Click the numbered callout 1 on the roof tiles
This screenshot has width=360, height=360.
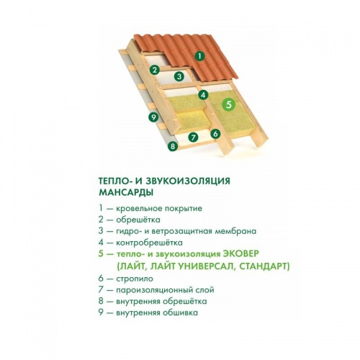click(x=199, y=56)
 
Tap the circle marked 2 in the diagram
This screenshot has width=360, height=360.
click(x=155, y=70)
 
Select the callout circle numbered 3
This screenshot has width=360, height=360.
click(x=179, y=77)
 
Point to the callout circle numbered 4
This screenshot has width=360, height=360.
click(x=203, y=95)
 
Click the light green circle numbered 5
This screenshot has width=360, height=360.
click(x=229, y=104)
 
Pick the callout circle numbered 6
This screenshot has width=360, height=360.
click(x=215, y=134)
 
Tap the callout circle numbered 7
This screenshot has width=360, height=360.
click(x=193, y=138)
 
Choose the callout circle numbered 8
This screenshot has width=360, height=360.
click(x=173, y=145)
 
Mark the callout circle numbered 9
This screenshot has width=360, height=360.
click(x=153, y=117)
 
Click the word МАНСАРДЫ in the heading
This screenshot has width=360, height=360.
click(x=126, y=192)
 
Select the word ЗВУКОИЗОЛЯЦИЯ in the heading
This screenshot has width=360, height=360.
click(x=188, y=181)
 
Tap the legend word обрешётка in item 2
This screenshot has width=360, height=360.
click(x=138, y=220)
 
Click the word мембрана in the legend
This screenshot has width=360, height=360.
click(x=235, y=231)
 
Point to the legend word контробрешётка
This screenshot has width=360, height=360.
click(x=149, y=243)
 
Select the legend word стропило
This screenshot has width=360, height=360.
click(x=135, y=279)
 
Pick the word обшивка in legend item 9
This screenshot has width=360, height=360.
click(x=180, y=313)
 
